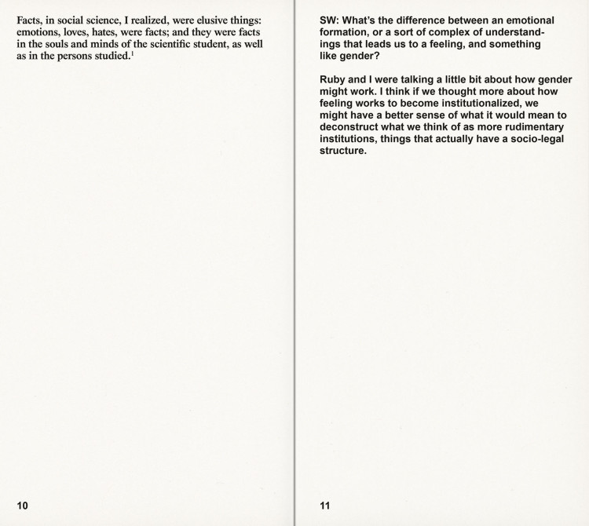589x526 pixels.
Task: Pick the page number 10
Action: (23, 506)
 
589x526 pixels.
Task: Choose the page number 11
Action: (325, 506)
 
